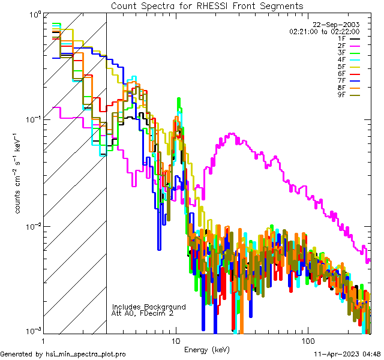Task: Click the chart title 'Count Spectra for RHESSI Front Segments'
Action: pos(207,5)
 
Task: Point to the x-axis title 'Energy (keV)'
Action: pos(207,349)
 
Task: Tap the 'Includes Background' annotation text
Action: pos(149,307)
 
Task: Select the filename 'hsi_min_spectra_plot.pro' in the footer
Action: pos(85,355)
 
